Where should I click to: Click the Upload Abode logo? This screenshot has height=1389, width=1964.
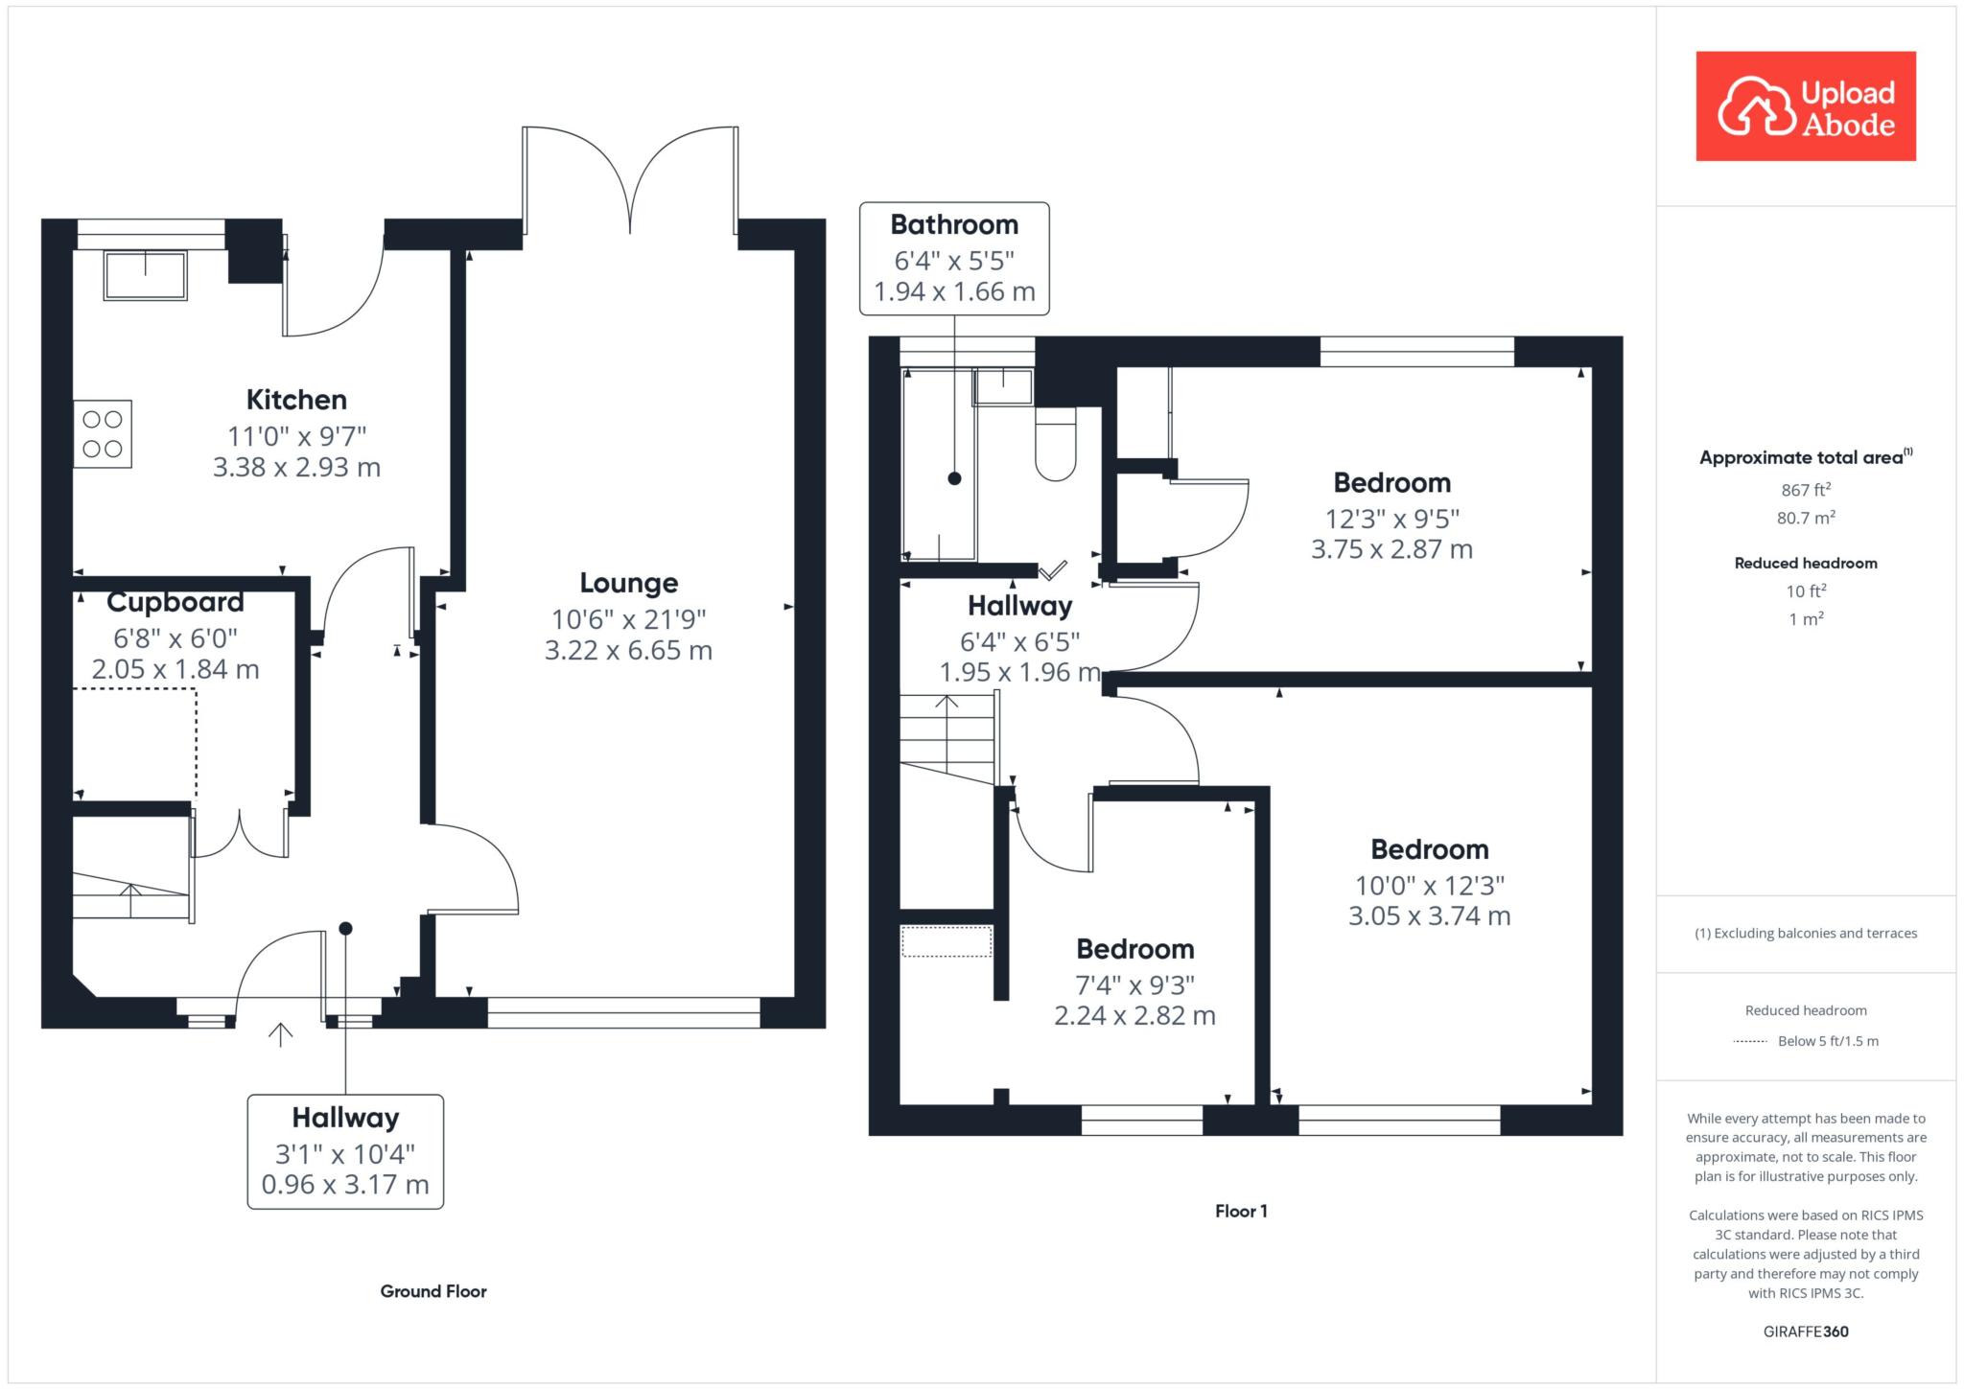tap(1806, 105)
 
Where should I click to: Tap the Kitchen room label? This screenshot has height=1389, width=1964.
tap(296, 400)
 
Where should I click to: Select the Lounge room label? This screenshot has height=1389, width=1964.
tap(629, 583)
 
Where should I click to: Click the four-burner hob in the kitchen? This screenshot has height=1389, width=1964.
tap(103, 433)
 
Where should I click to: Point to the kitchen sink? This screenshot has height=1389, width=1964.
tap(146, 275)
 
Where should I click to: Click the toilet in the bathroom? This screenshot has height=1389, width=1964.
tap(1056, 443)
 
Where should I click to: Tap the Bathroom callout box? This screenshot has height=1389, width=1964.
tap(954, 258)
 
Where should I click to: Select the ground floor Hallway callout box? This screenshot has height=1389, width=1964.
tap(345, 1151)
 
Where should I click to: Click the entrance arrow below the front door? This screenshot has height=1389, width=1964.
tap(280, 1034)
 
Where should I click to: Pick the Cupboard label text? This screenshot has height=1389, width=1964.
tap(175, 602)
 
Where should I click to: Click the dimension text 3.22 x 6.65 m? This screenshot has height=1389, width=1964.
tap(629, 651)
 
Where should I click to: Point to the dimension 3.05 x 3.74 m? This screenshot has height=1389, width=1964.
tap(1430, 916)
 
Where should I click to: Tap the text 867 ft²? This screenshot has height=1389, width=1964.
tap(1806, 490)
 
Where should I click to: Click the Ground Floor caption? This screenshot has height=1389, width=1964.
tap(433, 1291)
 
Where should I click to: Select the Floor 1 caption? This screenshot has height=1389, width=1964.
tap(1241, 1212)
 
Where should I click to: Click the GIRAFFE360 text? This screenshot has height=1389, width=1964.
tap(1806, 1331)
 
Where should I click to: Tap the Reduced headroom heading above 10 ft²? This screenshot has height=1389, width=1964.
tap(1806, 564)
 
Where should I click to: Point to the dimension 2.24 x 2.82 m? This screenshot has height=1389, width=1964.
tap(1135, 1016)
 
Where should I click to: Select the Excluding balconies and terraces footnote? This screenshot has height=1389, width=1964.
tap(1806, 934)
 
